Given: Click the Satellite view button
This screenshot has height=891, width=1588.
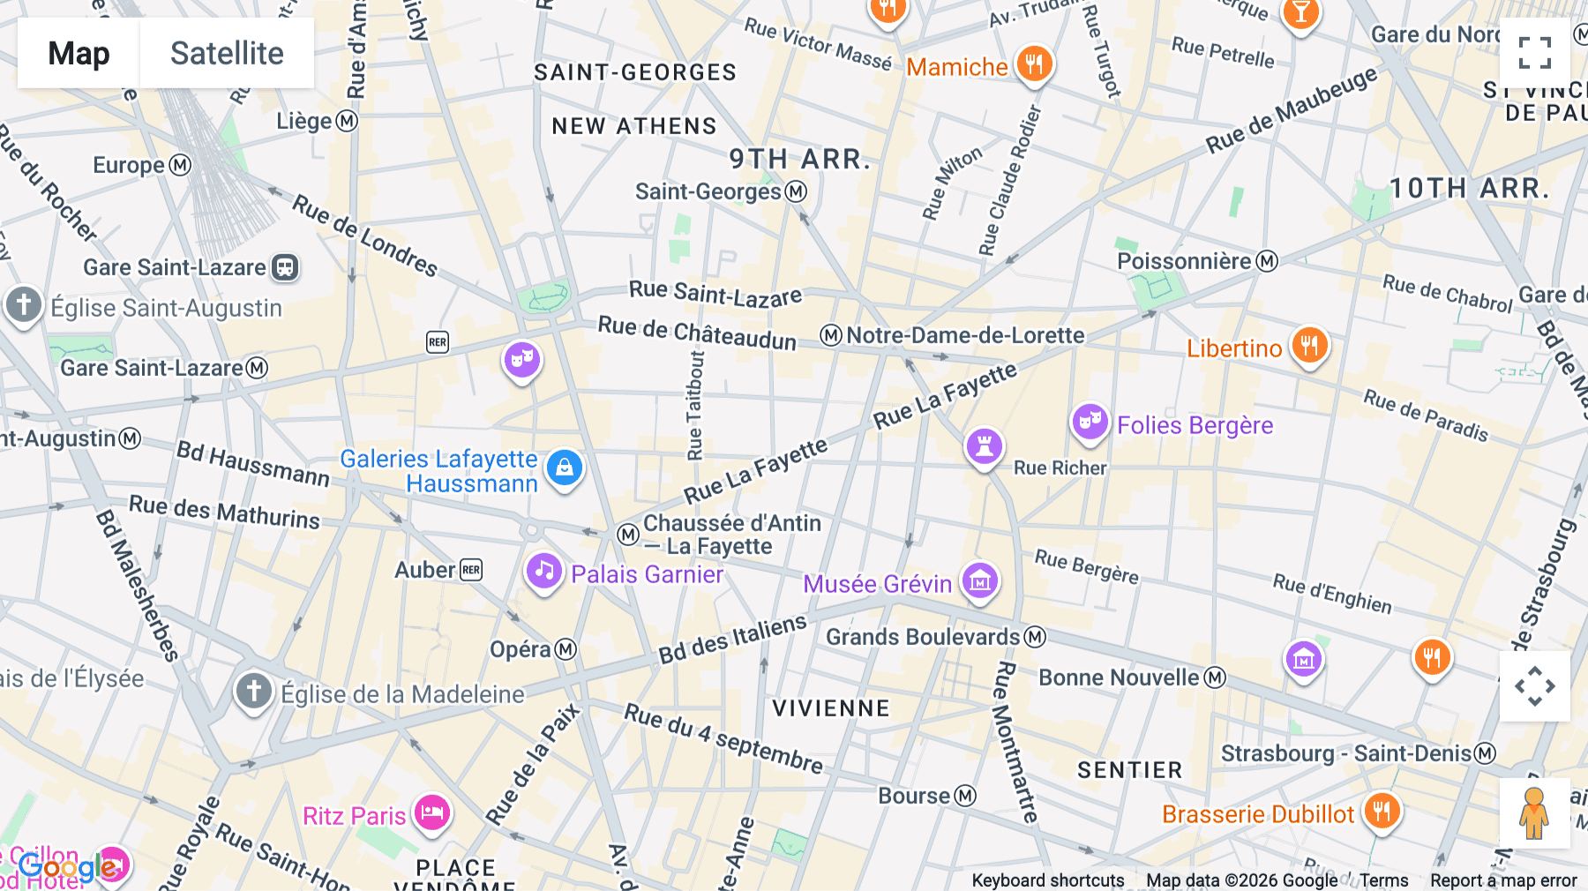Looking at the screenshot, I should point(227,53).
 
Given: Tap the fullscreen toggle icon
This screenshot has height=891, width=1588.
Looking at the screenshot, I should point(1534,53).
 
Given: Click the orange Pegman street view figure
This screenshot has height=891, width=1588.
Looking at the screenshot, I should point(1534,812).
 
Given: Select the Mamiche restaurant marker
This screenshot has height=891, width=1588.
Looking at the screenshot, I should point(1034,64).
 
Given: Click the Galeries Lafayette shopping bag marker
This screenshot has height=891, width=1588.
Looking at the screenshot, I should point(565,468).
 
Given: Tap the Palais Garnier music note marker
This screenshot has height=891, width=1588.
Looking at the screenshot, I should point(544,572).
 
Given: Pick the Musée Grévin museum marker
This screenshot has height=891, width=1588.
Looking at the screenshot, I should point(980,580).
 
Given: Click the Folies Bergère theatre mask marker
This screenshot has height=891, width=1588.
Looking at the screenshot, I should point(1090,422).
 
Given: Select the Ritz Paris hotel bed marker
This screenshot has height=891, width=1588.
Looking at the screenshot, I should point(431,812).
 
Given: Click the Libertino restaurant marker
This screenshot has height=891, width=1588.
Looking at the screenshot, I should point(1309,345).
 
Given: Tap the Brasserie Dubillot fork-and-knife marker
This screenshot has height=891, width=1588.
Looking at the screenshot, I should point(1382,811).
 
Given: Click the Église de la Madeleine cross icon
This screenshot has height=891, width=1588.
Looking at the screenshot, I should point(254,691).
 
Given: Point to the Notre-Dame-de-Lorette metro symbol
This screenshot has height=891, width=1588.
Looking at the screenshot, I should point(830,335).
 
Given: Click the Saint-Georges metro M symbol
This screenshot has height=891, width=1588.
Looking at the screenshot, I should point(796,191).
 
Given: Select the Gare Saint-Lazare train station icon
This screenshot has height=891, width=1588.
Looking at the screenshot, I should point(285,267).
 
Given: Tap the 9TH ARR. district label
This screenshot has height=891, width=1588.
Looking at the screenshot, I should point(799,159).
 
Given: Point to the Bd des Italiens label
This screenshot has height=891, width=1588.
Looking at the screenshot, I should point(732,639).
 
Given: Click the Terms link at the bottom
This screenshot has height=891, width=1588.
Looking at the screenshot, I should point(1383,880).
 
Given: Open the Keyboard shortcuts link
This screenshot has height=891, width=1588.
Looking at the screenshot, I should point(1047,880).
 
